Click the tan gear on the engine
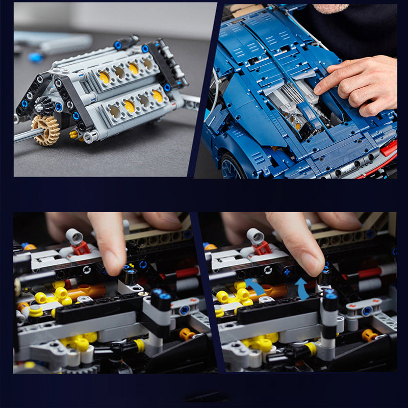[45, 129]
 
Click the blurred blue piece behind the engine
[36, 57]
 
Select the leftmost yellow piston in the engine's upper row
[105, 77]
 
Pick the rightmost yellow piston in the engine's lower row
[158, 96]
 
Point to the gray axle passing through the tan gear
[25, 135]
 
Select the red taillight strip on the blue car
[388, 148]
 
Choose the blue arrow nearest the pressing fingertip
[302, 289]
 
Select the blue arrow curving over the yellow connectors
[254, 287]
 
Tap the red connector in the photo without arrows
[81, 248]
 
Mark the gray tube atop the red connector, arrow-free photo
[74, 236]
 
